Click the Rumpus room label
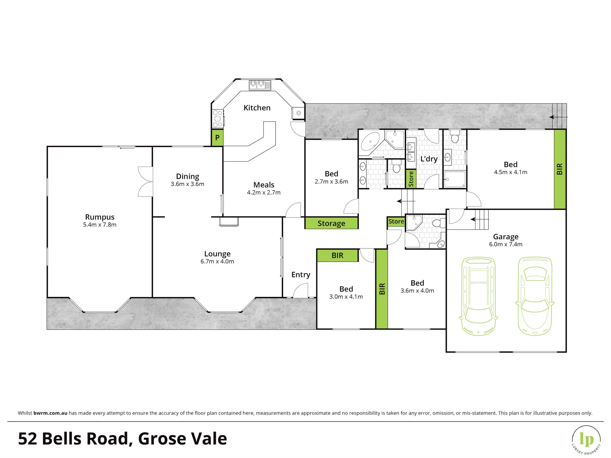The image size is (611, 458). pos(100,217)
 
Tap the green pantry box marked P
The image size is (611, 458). pos(217,138)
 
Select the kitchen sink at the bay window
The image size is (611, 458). pos(260,85)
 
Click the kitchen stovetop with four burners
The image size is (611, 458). pos(217,118)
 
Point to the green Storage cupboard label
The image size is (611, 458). pos(331,223)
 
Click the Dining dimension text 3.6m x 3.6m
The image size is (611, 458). pos(187,184)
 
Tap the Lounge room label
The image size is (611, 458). pos(217,254)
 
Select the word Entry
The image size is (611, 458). pos(301,275)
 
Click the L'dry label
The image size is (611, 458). pos(429,159)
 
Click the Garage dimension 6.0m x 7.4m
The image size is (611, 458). pos(506,245)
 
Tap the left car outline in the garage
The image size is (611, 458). pos(478,296)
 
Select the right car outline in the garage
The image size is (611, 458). pos(535,296)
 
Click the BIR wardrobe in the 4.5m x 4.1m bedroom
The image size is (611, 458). pos(560,169)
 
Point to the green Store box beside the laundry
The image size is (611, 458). pos(411,179)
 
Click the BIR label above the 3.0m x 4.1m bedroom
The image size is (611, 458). pos(338,256)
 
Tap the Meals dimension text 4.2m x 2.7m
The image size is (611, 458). pos(264,193)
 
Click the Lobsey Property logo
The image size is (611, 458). pos(586,440)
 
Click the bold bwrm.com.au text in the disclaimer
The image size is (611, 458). pos(50,413)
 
